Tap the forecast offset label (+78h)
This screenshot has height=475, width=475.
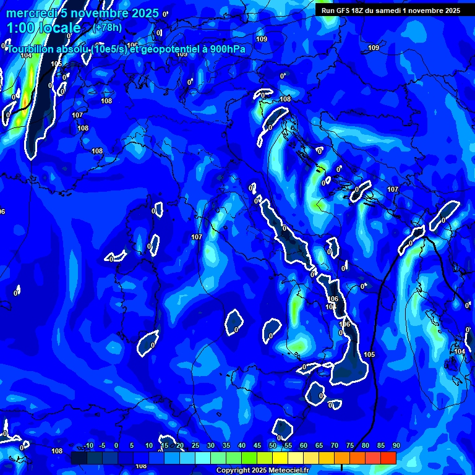coord(107,28)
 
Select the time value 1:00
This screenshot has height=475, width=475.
coord(20,28)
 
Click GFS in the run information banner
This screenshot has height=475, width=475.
coord(344,11)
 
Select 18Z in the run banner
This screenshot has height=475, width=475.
coord(362,11)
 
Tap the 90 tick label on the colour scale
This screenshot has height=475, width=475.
coord(396,446)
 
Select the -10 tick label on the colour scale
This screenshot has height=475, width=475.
coord(88,446)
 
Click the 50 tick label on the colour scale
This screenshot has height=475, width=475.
coord(272,446)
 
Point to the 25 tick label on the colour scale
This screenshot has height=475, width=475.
coord(195,446)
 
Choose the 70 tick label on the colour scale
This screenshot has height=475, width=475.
coord(334,446)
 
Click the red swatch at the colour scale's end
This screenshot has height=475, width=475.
coord(388,458)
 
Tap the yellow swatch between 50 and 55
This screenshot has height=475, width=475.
coord(280,458)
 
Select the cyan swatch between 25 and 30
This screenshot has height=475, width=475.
coord(202,458)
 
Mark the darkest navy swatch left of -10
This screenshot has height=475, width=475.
coord(79,458)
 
